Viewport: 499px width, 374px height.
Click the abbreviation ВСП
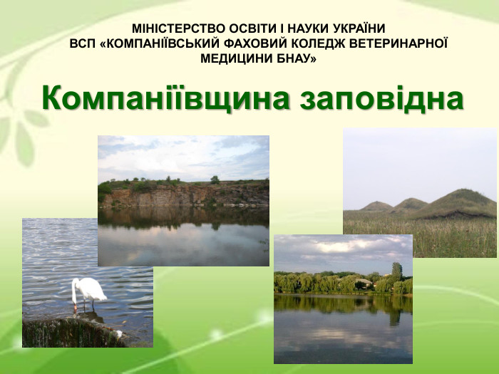[x=83, y=43]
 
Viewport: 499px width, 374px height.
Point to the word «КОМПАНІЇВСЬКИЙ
[x=161, y=43]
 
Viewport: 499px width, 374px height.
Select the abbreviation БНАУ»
[x=296, y=58]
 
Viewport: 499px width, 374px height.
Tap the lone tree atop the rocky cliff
[x=215, y=180]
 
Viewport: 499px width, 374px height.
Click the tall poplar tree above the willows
[x=396, y=270]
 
